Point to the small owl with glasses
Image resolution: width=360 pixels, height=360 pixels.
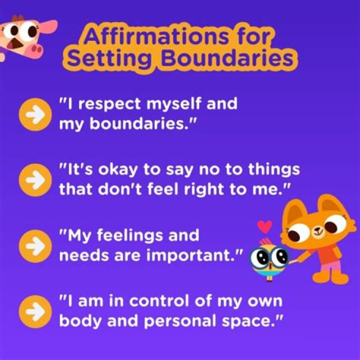click(x=269, y=259)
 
